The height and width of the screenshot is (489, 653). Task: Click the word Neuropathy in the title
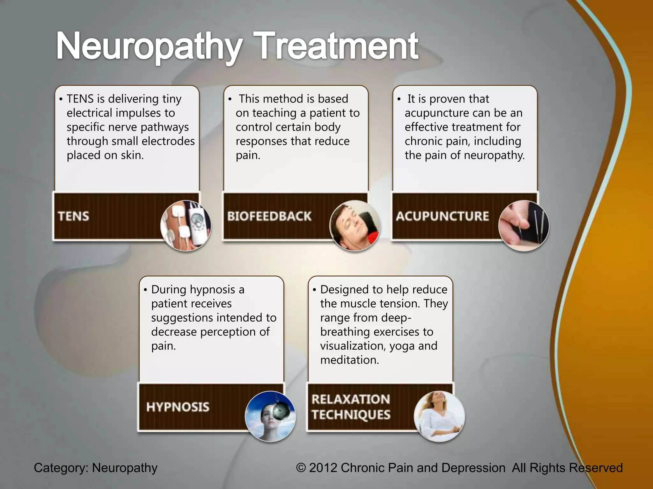[x=149, y=46]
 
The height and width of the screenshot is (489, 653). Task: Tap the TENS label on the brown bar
[x=74, y=216]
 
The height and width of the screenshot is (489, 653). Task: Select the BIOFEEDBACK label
[x=269, y=216]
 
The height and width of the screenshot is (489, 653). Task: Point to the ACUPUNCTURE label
[x=442, y=216]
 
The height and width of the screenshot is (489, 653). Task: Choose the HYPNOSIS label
[x=178, y=407]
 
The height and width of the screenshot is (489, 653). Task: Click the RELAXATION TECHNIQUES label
[x=351, y=407]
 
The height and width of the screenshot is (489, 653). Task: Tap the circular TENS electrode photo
[x=186, y=225]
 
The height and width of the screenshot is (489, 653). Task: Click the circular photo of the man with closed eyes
[x=355, y=225]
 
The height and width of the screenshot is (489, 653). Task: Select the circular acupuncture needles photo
[x=524, y=225]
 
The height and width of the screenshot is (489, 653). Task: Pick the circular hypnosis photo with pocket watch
[x=270, y=416]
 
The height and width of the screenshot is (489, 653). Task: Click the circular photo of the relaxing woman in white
[x=439, y=416]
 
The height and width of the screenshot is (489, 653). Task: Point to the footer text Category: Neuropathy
[x=96, y=468]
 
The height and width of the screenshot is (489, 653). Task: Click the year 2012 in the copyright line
[x=323, y=468]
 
